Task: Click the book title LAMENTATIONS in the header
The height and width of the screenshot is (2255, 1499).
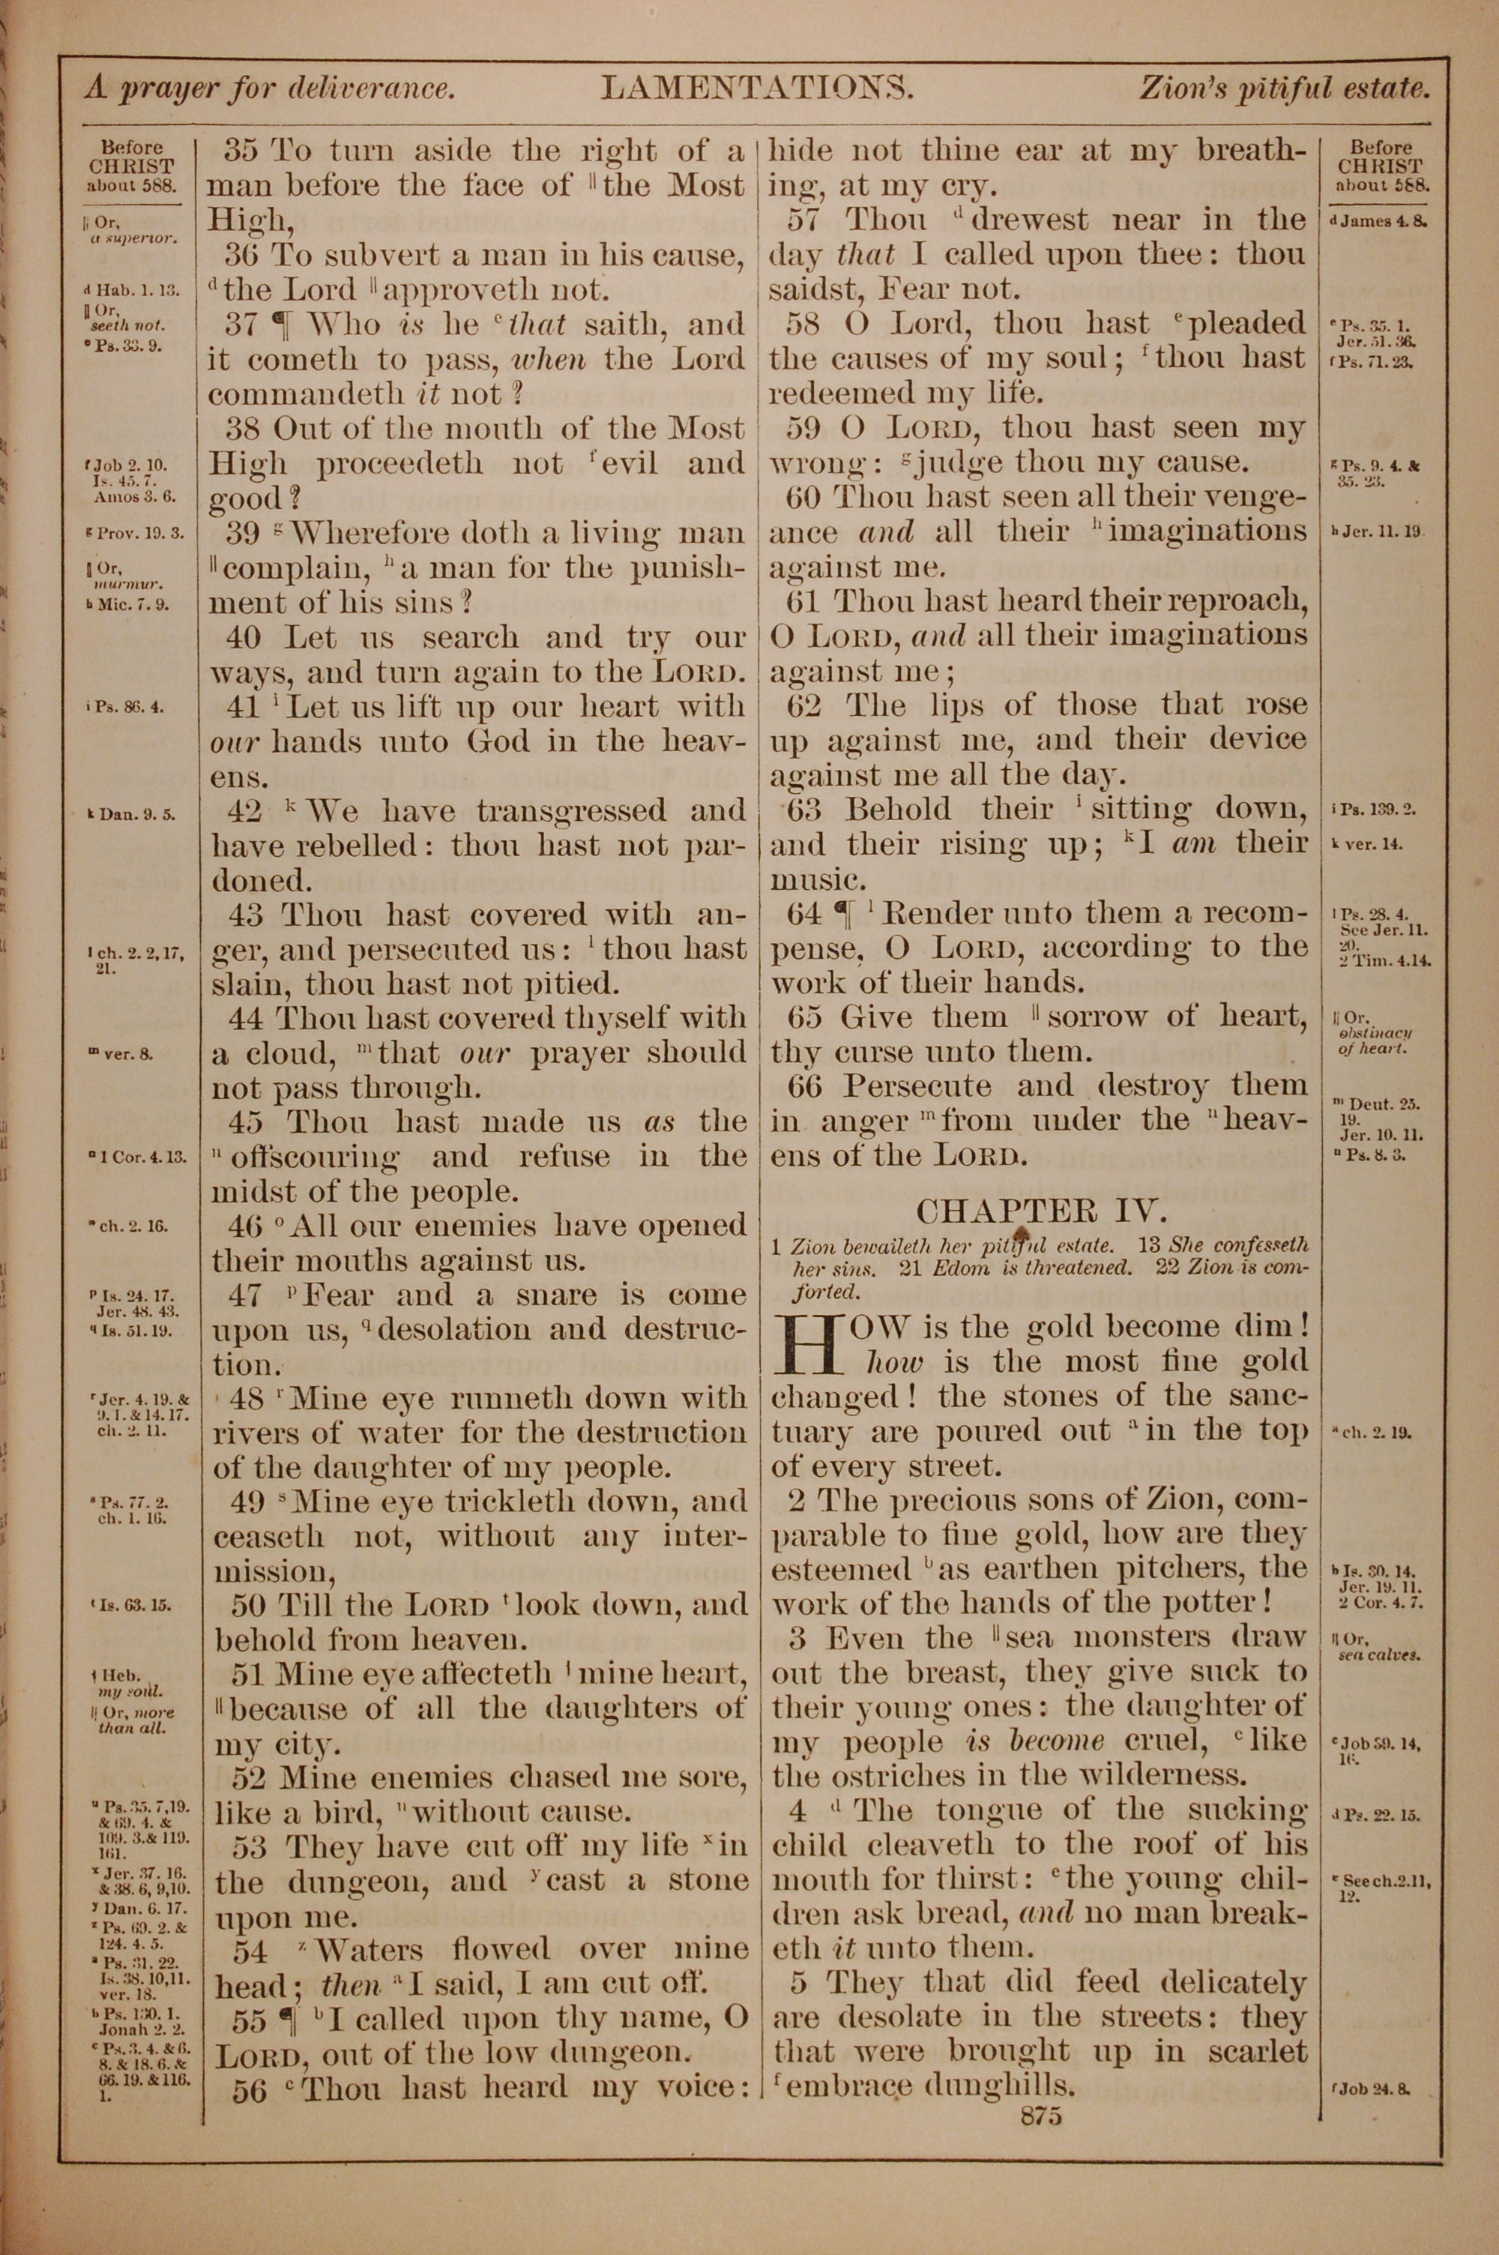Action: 757,89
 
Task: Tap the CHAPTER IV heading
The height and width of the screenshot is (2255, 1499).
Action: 1041,1211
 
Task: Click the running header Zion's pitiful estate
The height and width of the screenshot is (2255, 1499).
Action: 1284,89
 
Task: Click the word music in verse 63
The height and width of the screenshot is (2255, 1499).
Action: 811,879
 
